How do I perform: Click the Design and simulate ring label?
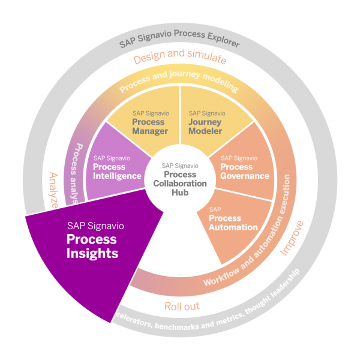tap(179, 59)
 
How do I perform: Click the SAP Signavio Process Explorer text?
tap(179, 43)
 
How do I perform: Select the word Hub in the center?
tap(181, 193)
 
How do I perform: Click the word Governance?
tap(244, 176)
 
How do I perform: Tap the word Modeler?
tap(205, 131)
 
